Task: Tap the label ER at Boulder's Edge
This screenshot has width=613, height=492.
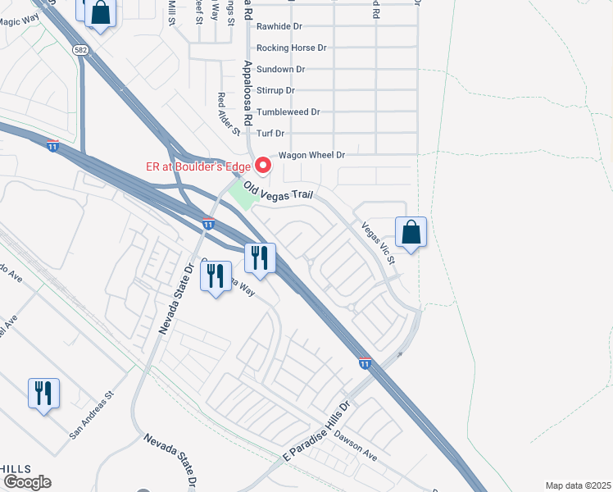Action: tap(198, 166)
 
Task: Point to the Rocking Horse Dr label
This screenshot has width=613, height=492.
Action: tap(291, 48)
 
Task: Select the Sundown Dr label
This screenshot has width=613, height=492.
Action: tap(280, 70)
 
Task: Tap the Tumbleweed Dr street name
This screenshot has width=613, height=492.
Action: tap(288, 112)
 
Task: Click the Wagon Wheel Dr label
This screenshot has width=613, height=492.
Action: tap(312, 154)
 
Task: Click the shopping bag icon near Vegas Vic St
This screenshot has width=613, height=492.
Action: tap(411, 233)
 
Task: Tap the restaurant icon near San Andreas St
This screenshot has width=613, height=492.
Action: tap(43, 394)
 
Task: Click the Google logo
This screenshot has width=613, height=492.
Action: tap(27, 482)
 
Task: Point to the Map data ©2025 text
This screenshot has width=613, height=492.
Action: tap(578, 485)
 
